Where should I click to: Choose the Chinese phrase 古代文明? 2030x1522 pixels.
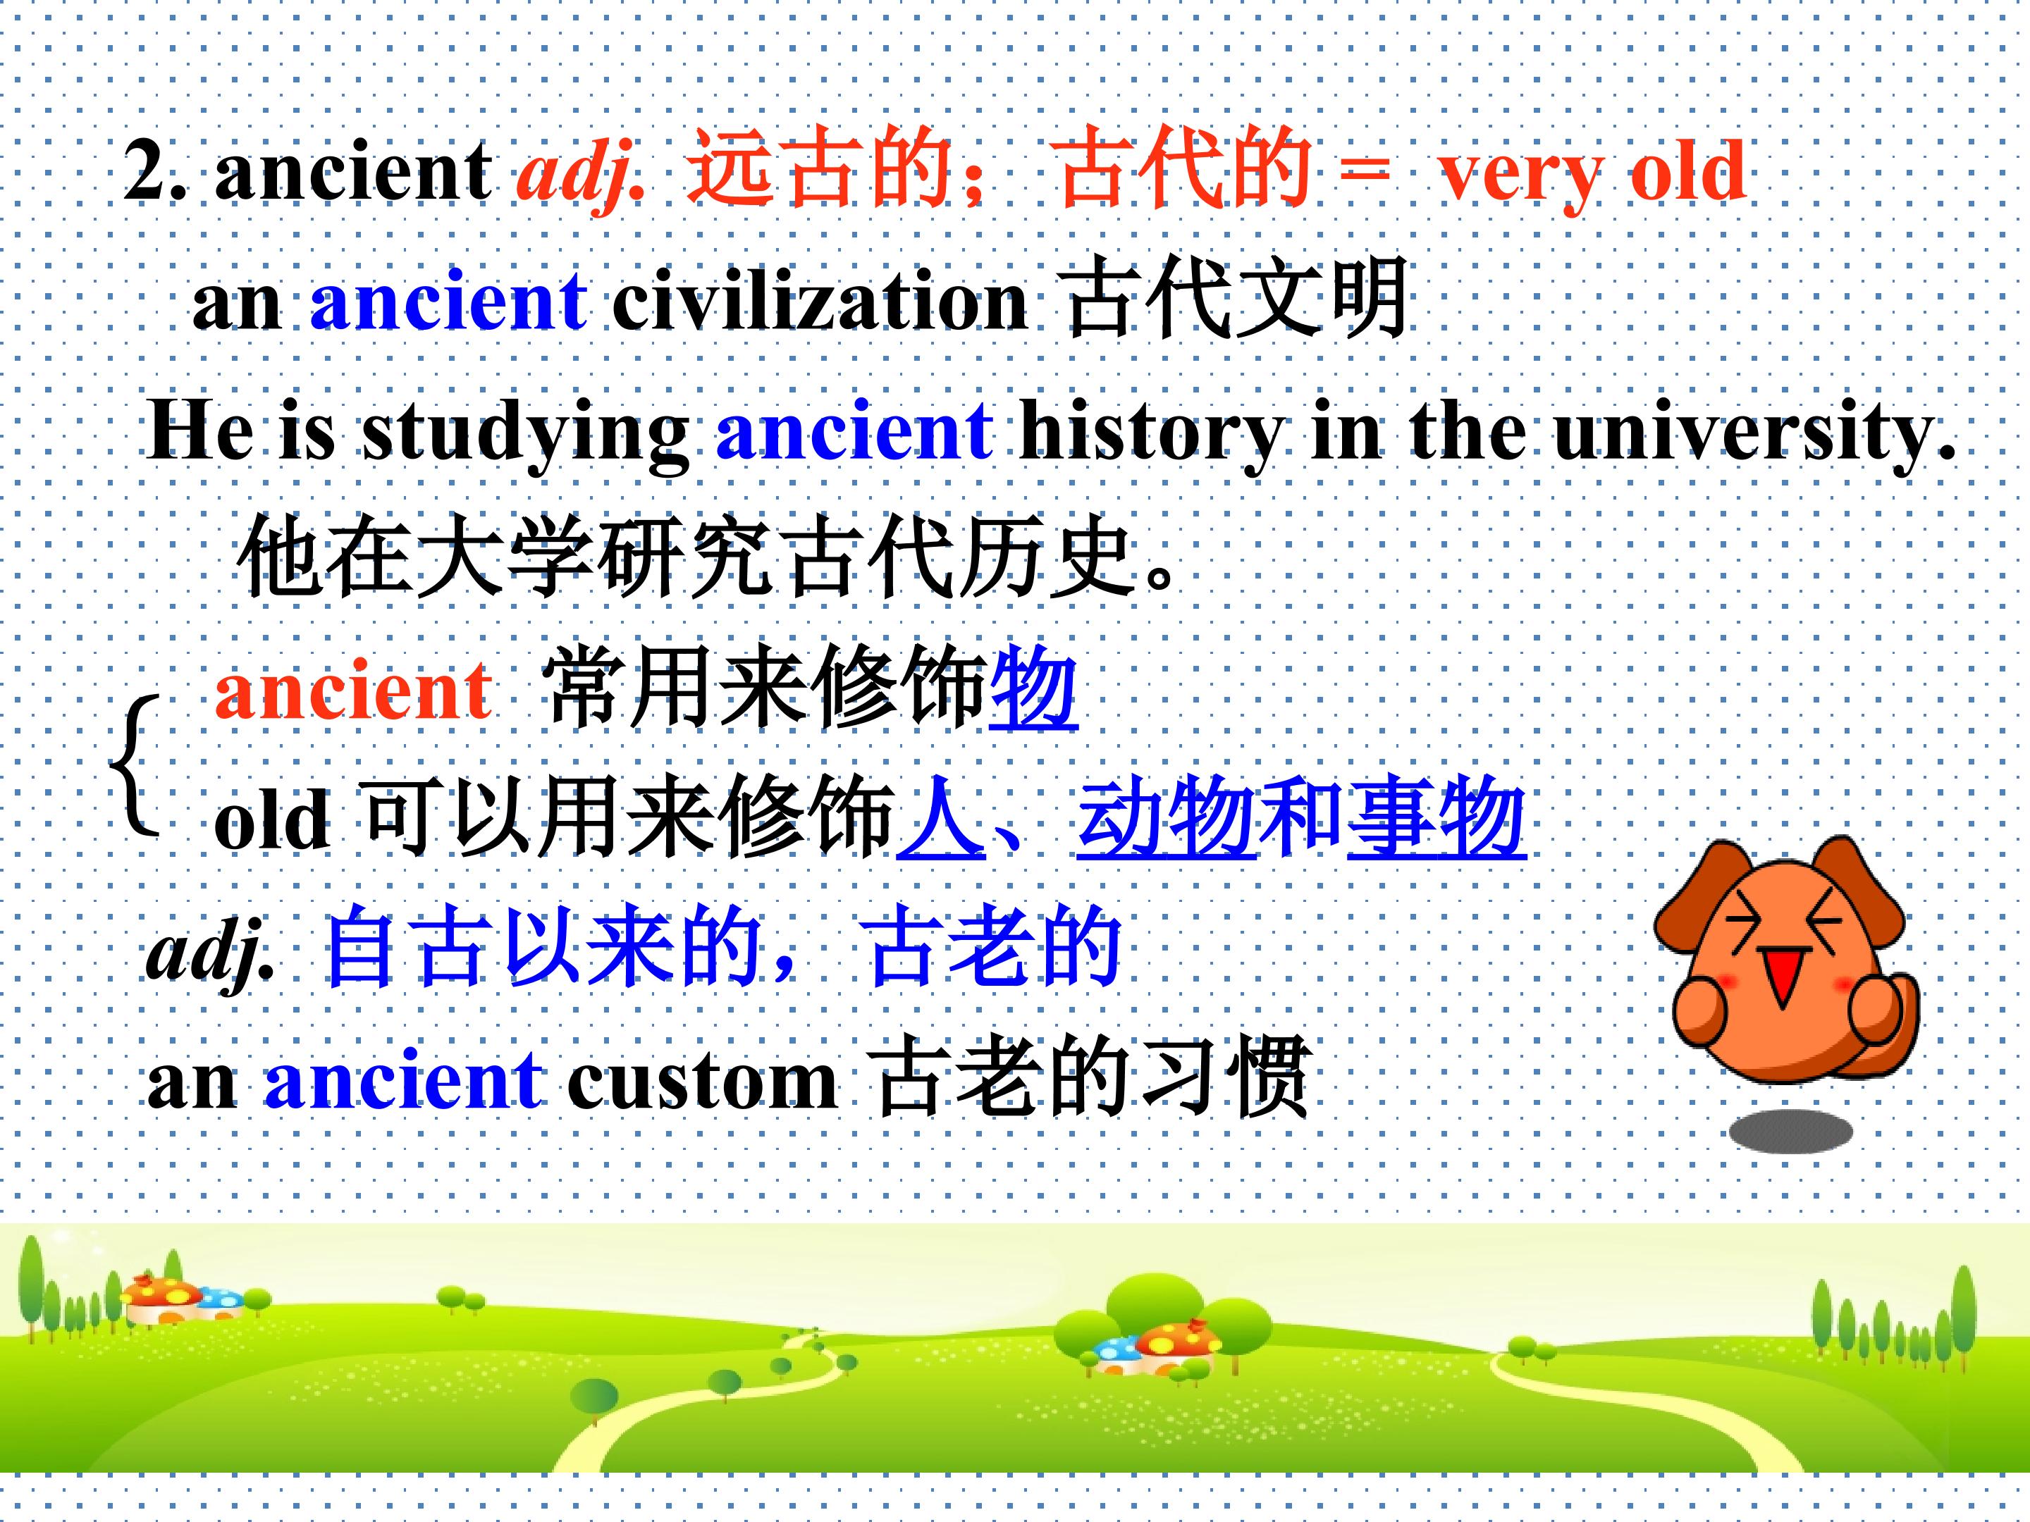point(1234,298)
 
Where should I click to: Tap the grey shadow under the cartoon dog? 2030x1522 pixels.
point(1790,1131)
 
